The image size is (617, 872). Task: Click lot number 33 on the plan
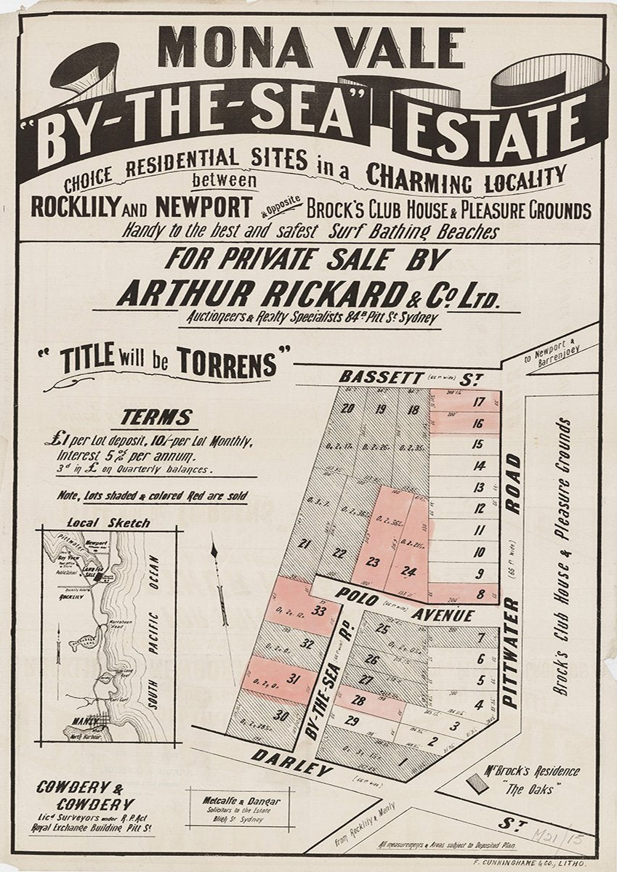pyautogui.click(x=318, y=612)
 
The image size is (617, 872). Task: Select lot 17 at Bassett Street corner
pyautogui.click(x=478, y=402)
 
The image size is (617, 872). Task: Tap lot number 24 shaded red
pyautogui.click(x=408, y=571)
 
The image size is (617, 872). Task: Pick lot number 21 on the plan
pyautogui.click(x=305, y=544)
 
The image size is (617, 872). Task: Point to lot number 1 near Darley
pyautogui.click(x=403, y=762)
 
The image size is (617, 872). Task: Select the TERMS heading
pyautogui.click(x=156, y=418)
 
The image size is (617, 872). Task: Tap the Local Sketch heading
pyautogui.click(x=108, y=522)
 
